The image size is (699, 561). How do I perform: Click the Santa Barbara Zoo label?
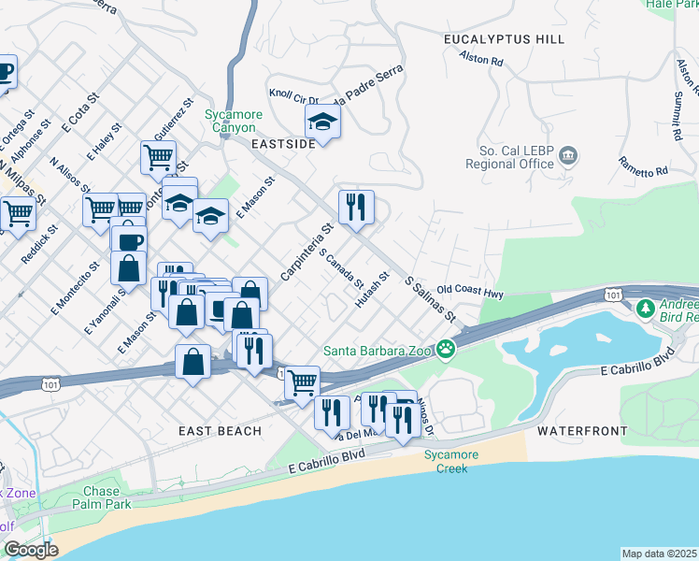coord(378,352)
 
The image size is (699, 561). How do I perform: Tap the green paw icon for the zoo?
coord(447,351)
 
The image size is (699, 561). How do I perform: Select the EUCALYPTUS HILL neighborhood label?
coord(506,39)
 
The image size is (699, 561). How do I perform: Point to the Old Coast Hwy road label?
coord(470,292)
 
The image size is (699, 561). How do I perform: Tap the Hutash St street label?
coord(371,291)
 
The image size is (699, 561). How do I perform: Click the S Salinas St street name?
coord(430,300)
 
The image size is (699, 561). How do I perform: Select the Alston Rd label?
coord(481,59)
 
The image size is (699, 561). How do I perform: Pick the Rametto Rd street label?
coord(643,165)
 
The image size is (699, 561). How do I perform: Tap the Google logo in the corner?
coord(31,550)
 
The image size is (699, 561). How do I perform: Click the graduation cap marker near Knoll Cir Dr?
coord(322,122)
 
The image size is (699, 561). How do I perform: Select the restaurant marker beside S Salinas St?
coord(355,208)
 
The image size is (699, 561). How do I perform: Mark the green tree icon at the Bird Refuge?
coord(644,308)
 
